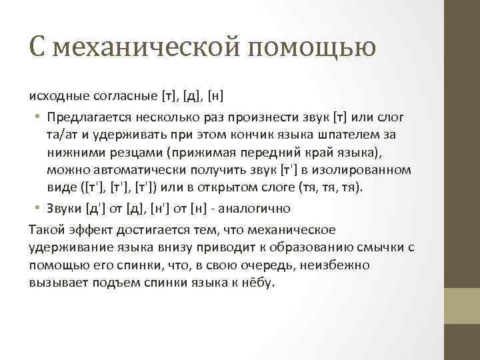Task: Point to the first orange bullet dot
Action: pyautogui.click(x=39, y=117)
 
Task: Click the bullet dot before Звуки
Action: pyautogui.click(x=39, y=208)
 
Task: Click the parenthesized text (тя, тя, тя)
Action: pyautogui.click(x=331, y=188)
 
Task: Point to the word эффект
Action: pyautogui.click(x=88, y=230)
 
